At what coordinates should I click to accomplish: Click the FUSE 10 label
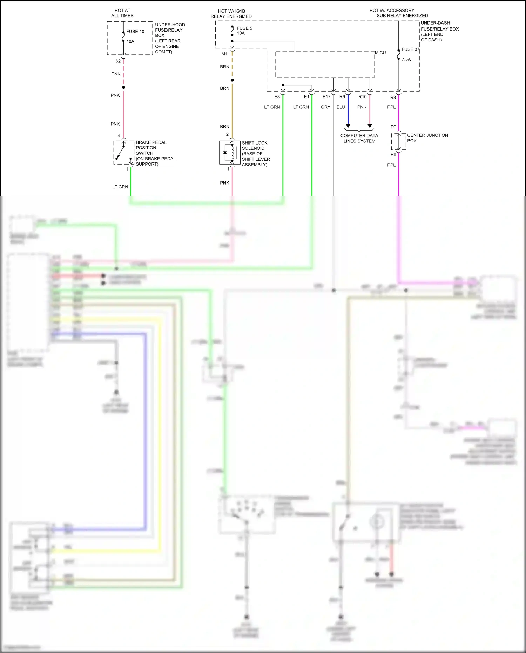tap(135, 32)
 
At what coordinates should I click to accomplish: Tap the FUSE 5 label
tap(244, 28)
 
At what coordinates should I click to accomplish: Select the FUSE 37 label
tap(410, 49)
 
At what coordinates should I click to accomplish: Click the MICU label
tap(380, 53)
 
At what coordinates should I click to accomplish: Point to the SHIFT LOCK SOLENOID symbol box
tap(230, 153)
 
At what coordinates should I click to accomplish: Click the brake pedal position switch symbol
tap(123, 153)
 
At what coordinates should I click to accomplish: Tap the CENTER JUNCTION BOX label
tap(427, 138)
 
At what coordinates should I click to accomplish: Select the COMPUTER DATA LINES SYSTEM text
tap(359, 138)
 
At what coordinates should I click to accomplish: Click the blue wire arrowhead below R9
tap(348, 126)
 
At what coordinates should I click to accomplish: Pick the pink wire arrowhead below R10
tap(370, 126)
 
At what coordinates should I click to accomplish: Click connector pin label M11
tap(225, 54)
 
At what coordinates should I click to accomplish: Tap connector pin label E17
tap(326, 97)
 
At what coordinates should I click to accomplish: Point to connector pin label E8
tap(277, 97)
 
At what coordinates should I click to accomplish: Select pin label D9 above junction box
tap(393, 127)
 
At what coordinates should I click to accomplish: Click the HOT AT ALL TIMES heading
tap(122, 13)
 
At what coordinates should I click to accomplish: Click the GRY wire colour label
tap(325, 107)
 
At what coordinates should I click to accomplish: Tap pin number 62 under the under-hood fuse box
tap(118, 61)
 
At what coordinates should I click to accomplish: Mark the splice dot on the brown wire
tap(232, 80)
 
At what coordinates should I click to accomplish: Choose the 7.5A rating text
tap(406, 60)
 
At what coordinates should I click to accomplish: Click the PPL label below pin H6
tap(391, 165)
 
